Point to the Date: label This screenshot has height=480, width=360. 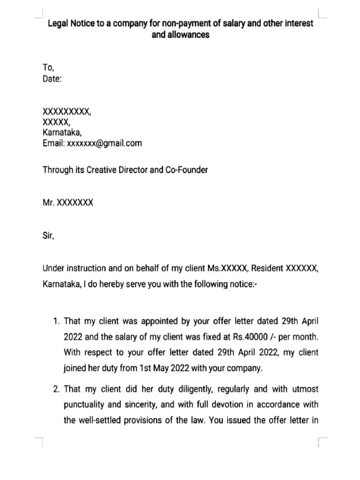[52, 79]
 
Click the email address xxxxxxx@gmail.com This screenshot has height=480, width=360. [104, 143]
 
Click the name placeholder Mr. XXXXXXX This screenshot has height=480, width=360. [68, 203]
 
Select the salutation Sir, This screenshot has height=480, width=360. [48, 237]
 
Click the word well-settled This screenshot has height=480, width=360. [100, 420]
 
